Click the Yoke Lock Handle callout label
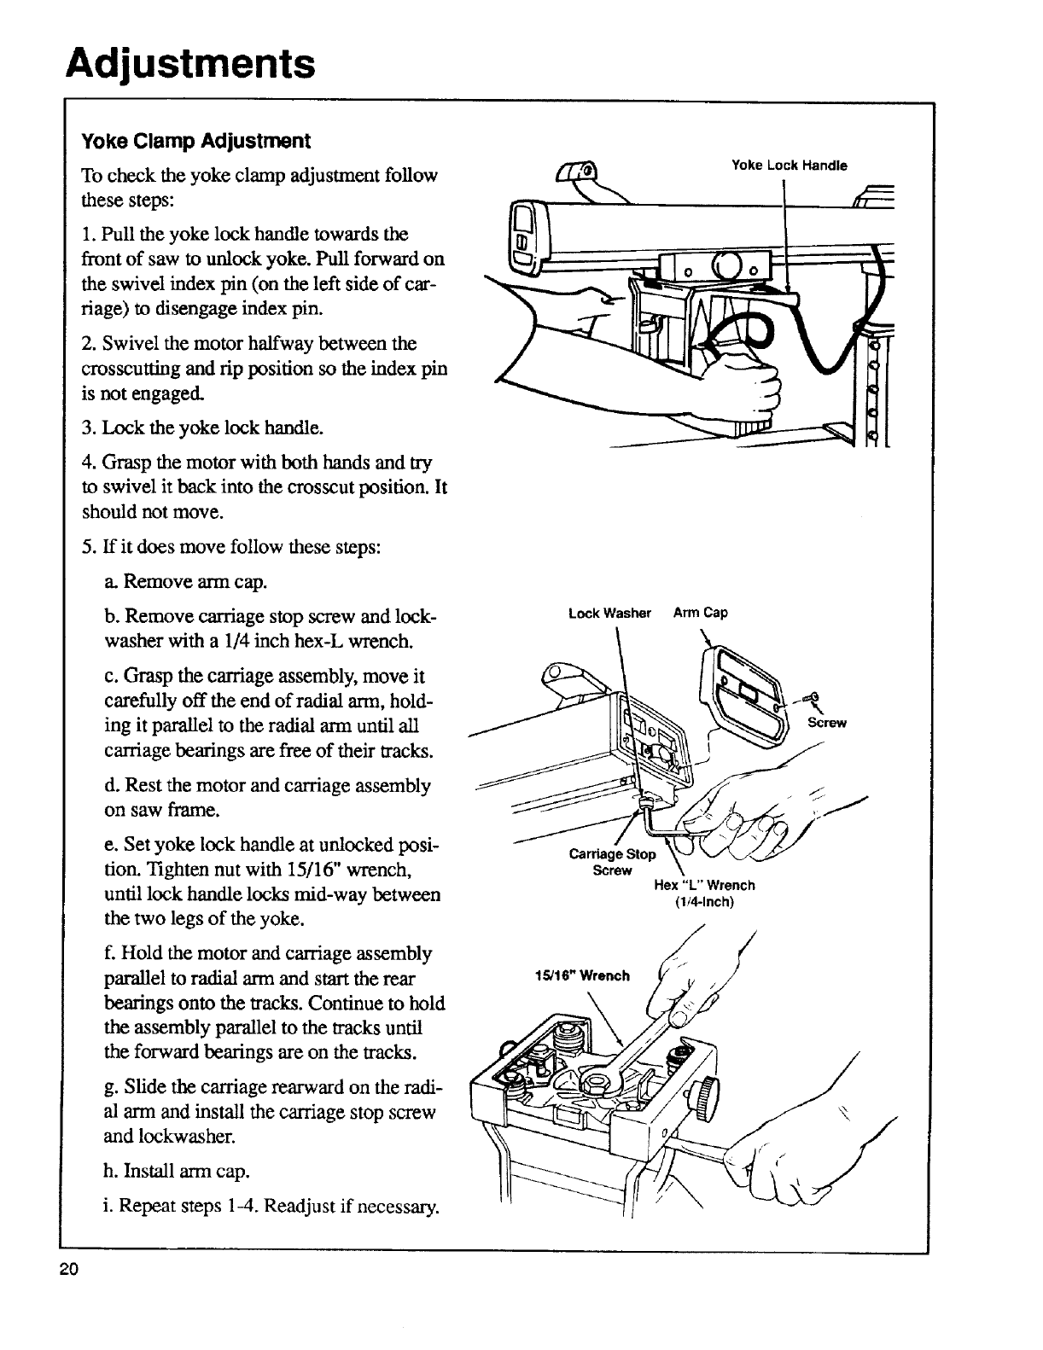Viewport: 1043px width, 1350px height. (790, 166)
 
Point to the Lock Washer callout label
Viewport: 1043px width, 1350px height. (609, 613)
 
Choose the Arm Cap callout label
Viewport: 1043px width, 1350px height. (700, 613)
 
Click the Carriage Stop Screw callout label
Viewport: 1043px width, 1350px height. (612, 862)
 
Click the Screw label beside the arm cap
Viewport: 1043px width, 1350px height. (826, 724)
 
